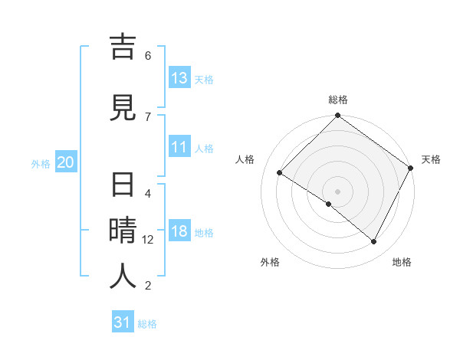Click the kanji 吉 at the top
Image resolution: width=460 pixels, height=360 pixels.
123,48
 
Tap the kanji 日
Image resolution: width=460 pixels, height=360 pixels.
123,187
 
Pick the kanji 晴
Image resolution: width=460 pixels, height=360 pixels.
123,231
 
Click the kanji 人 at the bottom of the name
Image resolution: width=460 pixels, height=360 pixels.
123,276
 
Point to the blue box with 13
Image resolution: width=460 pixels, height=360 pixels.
179,78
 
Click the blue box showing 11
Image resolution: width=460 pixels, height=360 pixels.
179,147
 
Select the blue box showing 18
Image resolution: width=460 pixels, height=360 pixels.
179,232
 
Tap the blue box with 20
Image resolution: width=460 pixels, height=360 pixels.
66,162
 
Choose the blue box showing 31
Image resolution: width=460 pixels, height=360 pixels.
123,322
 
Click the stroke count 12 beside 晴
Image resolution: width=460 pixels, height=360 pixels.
148,240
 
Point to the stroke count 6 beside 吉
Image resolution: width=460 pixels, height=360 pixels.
148,55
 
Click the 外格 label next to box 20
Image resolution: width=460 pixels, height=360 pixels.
41,163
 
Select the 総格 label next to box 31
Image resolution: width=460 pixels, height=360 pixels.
147,323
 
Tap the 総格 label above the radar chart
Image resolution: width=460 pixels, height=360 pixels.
338,100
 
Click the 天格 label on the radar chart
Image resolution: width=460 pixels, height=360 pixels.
431,159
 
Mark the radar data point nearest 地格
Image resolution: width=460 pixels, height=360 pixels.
374,242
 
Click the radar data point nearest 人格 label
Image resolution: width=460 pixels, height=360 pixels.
280,173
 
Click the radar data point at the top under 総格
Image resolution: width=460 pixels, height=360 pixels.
337,116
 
